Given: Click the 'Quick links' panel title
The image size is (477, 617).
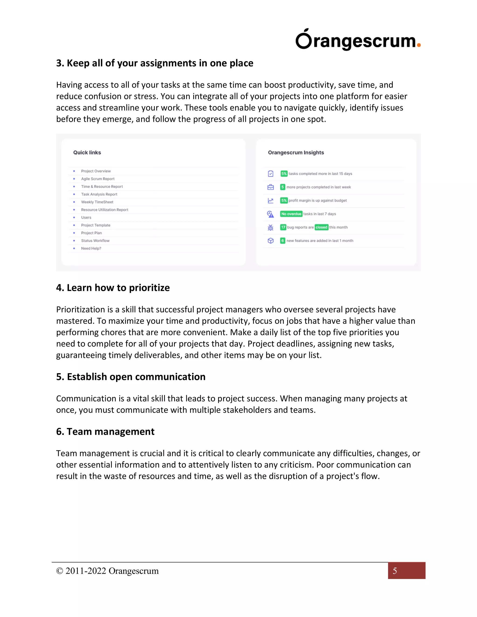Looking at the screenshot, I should [x=87, y=153].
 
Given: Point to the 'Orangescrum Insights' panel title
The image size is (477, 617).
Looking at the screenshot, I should [x=296, y=153].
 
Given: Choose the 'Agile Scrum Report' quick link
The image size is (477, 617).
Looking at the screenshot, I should [x=98, y=179].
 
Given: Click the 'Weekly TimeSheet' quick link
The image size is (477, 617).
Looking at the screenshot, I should [x=97, y=202].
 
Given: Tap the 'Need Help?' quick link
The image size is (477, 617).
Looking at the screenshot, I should [x=91, y=248].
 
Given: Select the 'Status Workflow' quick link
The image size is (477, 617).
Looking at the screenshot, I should [x=95, y=241].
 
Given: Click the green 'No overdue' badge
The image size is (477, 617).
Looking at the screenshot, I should [x=291, y=214].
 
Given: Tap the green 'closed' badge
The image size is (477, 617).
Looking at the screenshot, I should [x=321, y=227].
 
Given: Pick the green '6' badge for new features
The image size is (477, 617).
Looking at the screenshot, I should [x=283, y=241].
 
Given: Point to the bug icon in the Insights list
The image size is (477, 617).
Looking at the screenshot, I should [x=270, y=227].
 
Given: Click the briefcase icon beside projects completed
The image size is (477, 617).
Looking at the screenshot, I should [x=270, y=187].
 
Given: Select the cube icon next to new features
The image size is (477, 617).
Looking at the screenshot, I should [x=270, y=241].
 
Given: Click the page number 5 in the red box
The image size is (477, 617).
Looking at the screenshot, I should [x=395, y=571].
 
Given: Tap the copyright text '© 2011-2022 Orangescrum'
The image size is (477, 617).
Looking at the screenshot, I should [x=107, y=571].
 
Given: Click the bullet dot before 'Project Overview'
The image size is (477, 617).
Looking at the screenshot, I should [x=74, y=171].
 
